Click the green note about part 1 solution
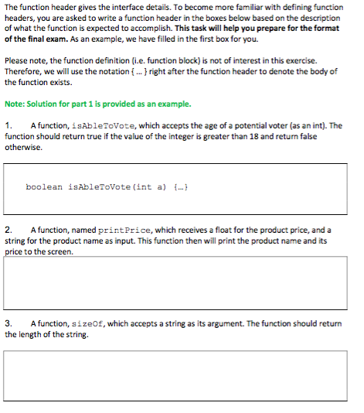point(97,104)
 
